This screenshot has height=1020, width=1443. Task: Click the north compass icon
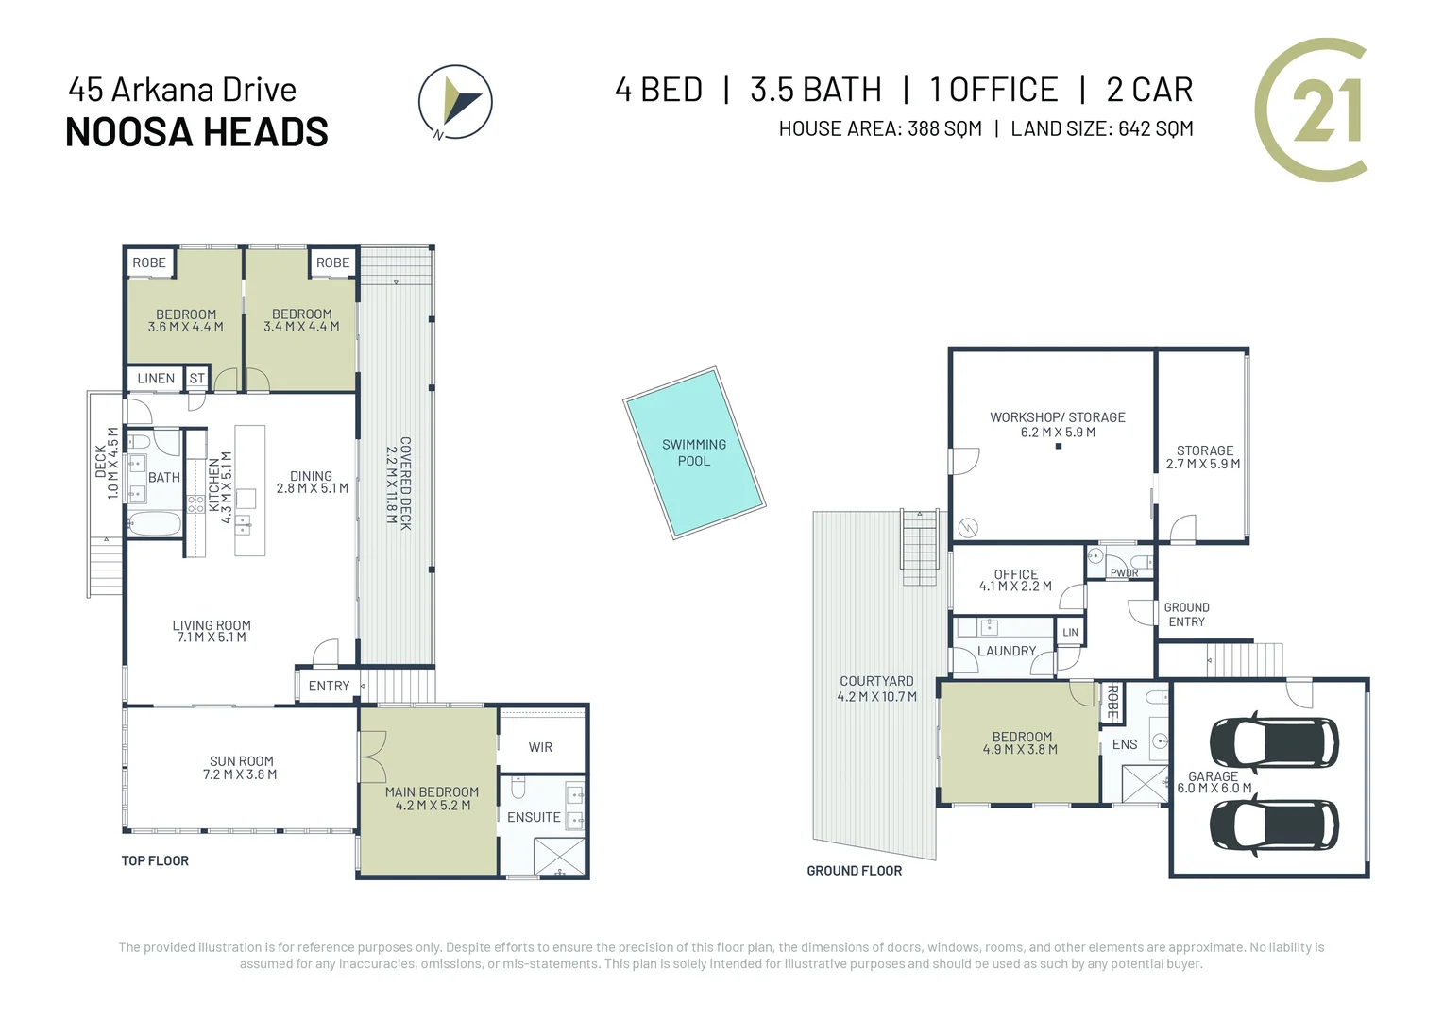pos(455,102)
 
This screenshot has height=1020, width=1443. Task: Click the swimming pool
pos(694,453)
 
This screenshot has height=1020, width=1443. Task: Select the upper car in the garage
pos(1274,743)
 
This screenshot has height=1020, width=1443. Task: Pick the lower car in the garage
pos(1274,824)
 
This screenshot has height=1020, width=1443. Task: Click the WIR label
pos(540,747)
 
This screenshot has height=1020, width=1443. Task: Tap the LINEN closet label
pos(156,378)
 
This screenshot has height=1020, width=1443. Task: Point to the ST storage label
pos(197,378)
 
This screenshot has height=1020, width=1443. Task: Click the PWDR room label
pos(1124,573)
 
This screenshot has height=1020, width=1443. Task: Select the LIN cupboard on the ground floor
pos(1070,632)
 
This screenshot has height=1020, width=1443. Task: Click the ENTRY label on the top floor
pos(329,686)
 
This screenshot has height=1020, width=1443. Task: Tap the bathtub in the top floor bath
pos(155,523)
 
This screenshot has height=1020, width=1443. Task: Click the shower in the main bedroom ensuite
pos(559,857)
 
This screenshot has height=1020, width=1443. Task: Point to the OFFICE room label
pos(1016,574)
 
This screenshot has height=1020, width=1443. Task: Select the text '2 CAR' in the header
pos(1150,90)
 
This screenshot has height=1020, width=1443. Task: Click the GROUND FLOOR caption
pos(855,871)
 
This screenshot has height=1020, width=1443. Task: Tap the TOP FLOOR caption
pos(155,860)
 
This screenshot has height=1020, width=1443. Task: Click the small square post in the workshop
pos(1059,446)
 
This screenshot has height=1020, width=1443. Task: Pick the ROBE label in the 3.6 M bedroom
pos(149,263)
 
